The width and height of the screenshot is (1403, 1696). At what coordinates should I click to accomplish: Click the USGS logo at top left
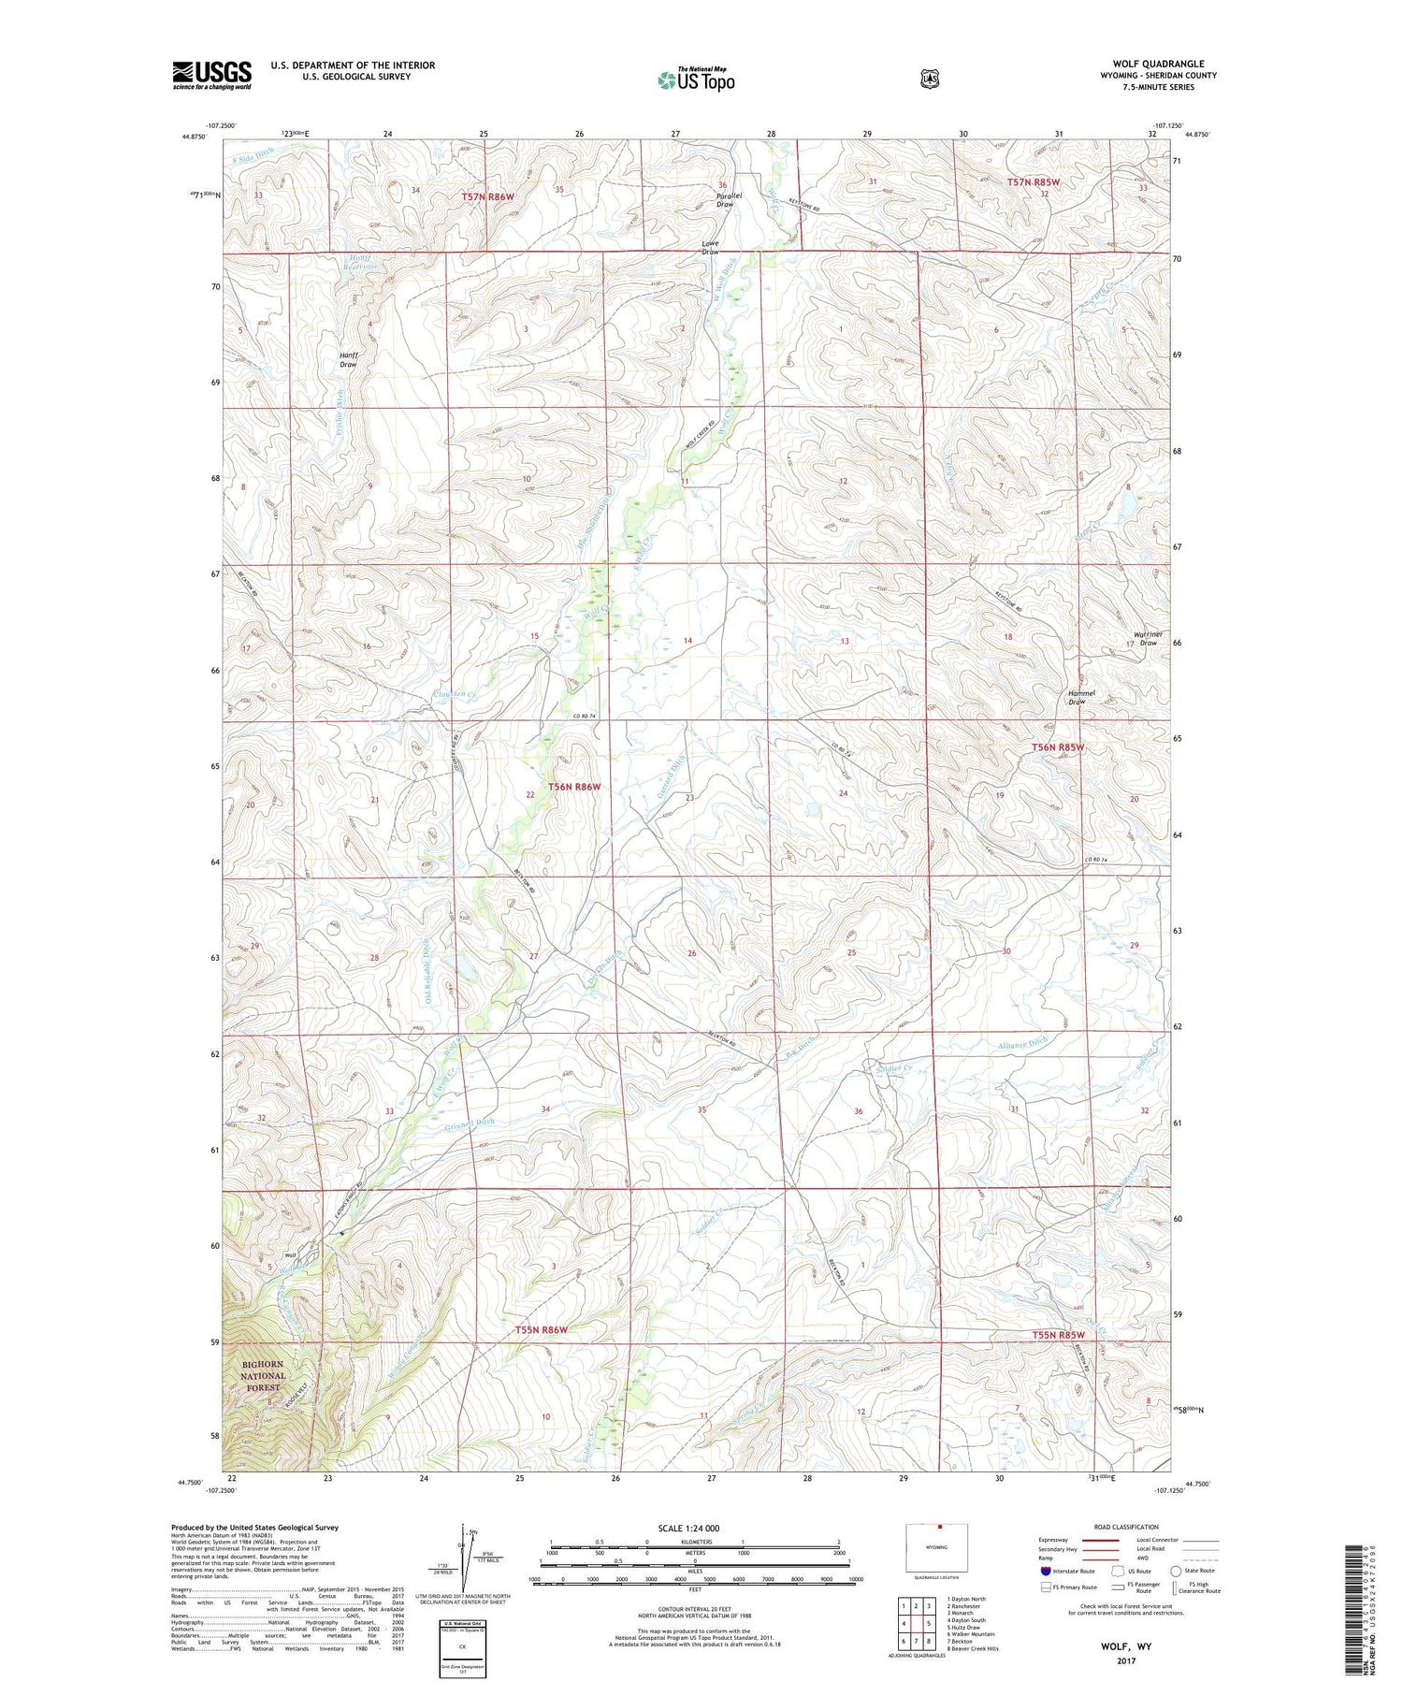211,75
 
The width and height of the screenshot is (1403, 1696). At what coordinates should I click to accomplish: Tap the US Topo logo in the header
696,80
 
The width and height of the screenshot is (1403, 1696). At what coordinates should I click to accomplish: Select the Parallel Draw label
724,199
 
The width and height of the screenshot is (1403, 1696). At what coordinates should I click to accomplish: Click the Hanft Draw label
348,359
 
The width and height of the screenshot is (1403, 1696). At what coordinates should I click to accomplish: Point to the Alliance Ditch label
1022,1043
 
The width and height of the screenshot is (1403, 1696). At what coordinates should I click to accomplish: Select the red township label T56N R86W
574,787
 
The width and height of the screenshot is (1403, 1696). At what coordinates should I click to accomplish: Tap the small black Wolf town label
290,1255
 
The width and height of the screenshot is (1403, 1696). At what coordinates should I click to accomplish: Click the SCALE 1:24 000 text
688,1528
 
